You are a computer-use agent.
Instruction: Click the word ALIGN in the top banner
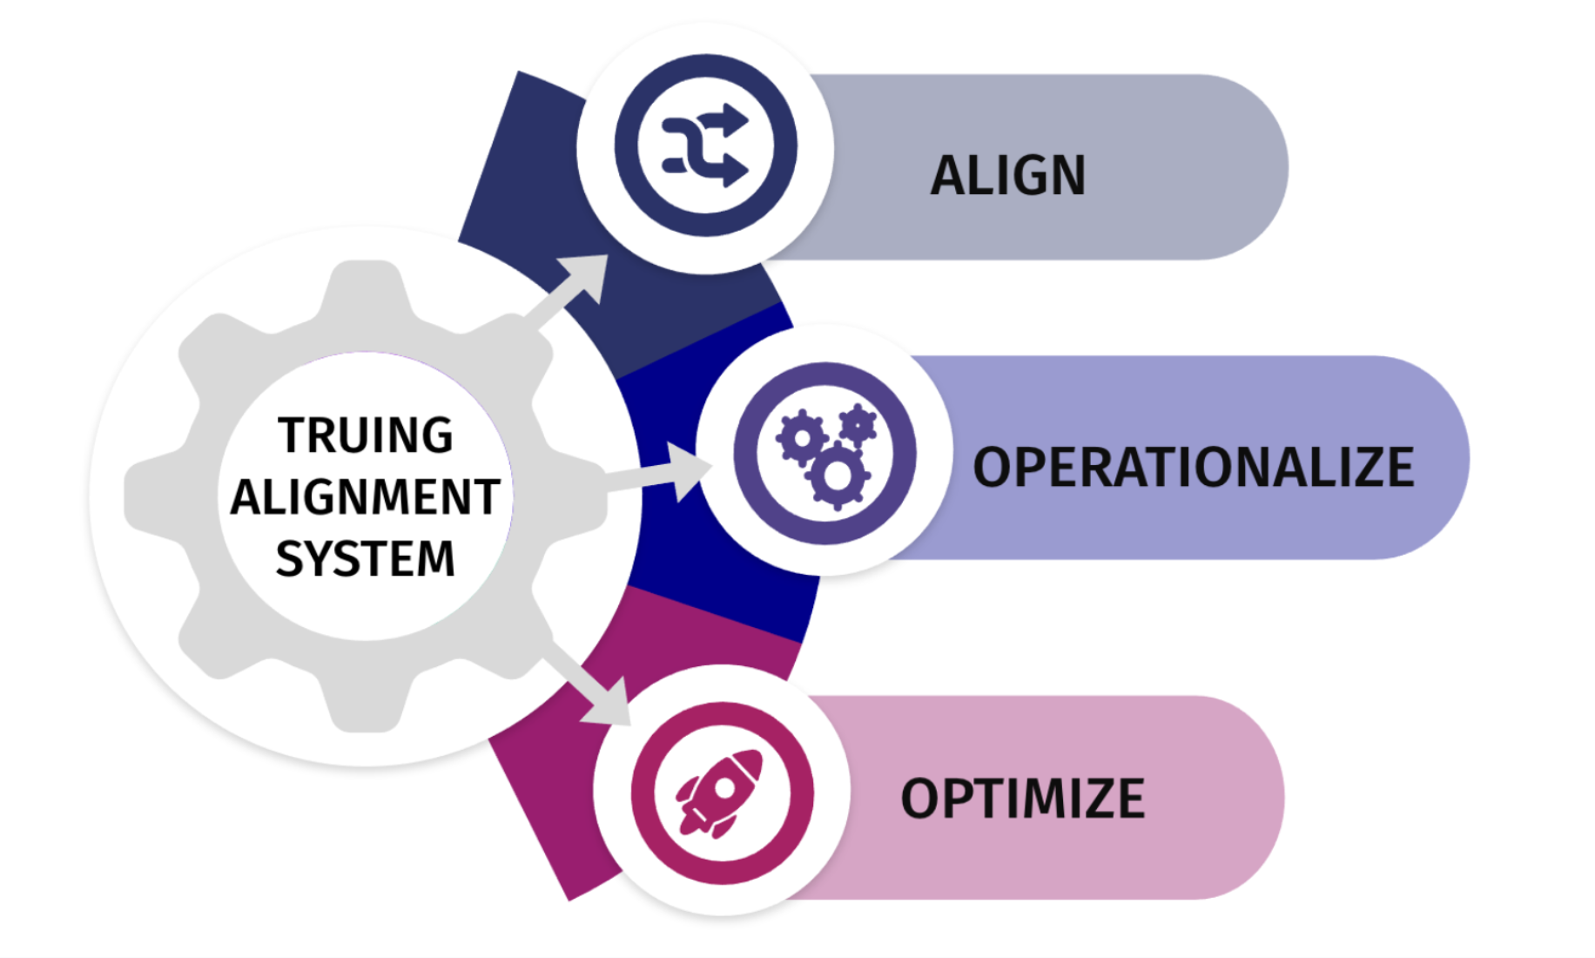coord(1008,175)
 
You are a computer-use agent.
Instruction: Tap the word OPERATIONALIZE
coord(1193,468)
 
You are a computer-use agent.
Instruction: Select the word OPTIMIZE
coord(1022,799)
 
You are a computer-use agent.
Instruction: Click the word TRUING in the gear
coord(366,435)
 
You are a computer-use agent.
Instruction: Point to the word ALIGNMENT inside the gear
coord(365,497)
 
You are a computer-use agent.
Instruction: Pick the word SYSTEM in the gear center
coord(366,558)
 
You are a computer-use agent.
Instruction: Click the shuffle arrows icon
coord(705,145)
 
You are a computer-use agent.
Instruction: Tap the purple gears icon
coord(824,454)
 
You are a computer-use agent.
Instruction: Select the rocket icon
coord(722,793)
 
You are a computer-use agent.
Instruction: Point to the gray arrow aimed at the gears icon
coord(662,472)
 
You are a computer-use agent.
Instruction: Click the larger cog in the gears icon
coord(838,476)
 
